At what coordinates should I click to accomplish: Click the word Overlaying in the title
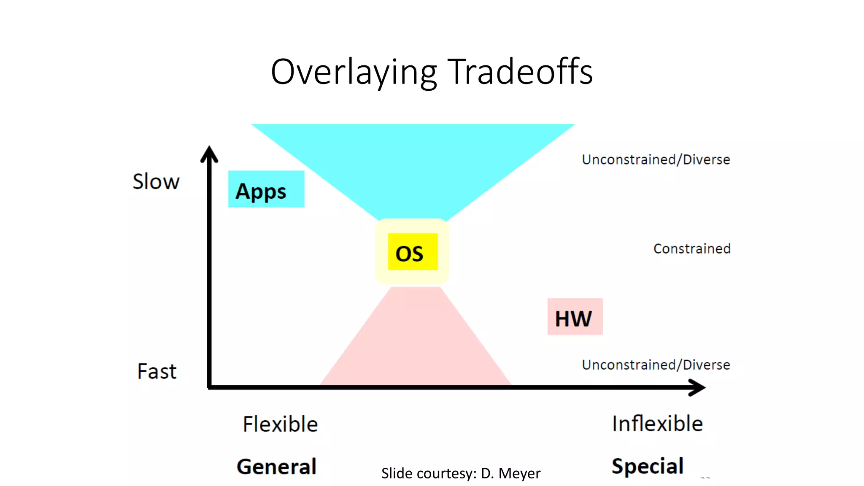(x=354, y=73)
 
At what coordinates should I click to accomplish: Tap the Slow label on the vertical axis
(x=156, y=182)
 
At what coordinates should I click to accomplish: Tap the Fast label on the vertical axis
(x=157, y=372)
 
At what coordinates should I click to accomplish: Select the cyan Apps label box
(x=266, y=189)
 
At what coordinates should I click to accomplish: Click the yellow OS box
(x=413, y=252)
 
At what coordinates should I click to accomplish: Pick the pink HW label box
(x=575, y=317)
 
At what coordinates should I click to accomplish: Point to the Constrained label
(x=691, y=249)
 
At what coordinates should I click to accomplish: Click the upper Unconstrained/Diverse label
(x=656, y=160)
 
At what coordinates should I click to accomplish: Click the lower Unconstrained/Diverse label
(x=656, y=365)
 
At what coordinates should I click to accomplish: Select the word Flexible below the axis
(x=280, y=424)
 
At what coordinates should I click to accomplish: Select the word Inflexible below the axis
(x=657, y=424)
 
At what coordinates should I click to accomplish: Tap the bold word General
(x=276, y=467)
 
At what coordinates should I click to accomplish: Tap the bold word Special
(x=647, y=466)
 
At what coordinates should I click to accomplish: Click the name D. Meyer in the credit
(x=510, y=474)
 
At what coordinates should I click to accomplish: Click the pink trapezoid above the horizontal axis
(x=416, y=346)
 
